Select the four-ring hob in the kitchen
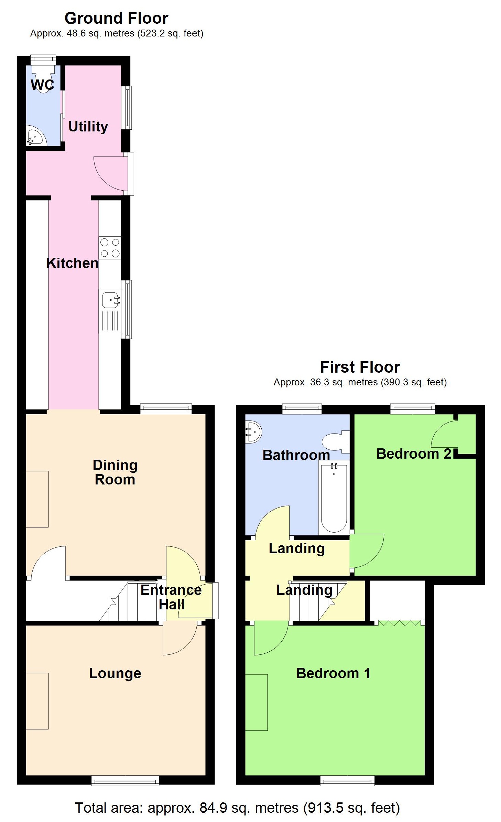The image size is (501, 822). [110, 248]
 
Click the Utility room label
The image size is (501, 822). [88, 127]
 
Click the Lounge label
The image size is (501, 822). [115, 673]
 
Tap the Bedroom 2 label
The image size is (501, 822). [414, 453]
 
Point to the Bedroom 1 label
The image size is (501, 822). [333, 673]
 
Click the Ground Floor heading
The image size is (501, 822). [116, 18]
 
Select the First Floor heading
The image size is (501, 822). [360, 367]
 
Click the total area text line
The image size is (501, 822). [237, 808]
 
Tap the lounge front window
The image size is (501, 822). [125, 780]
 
